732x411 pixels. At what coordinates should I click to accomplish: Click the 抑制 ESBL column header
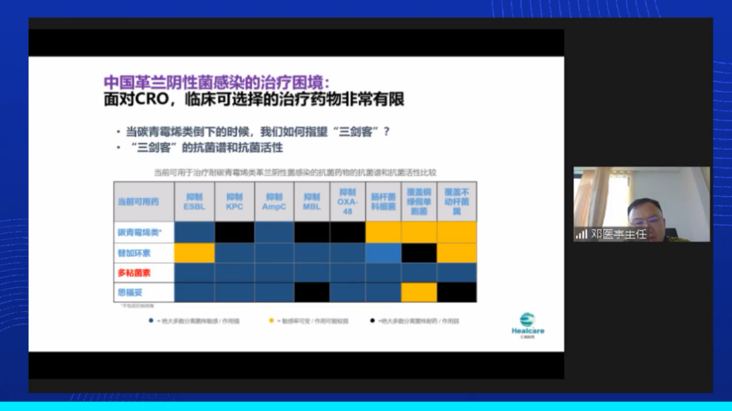[x=194, y=202]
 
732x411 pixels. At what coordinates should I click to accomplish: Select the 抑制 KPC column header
[x=234, y=202]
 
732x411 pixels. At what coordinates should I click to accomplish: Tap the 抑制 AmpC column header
[x=274, y=202]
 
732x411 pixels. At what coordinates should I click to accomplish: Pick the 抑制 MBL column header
[x=311, y=202]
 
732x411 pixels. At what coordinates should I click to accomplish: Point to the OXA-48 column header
[x=348, y=202]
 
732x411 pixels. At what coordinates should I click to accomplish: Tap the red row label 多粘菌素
[x=134, y=273]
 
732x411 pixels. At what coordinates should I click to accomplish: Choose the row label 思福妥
[x=130, y=292]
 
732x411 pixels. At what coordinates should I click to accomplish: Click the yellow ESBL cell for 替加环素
[x=194, y=253]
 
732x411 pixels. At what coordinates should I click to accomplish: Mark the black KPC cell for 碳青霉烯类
[x=234, y=232]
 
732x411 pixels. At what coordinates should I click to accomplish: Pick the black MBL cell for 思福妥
[x=311, y=292]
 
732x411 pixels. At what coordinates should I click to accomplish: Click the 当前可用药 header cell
[x=138, y=202]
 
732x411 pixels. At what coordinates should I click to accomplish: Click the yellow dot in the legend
[x=271, y=320]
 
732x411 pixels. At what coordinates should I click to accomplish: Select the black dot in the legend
[x=372, y=320]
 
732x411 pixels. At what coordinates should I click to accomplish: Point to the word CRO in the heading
[x=152, y=99]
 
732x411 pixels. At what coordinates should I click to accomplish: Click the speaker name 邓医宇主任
[x=619, y=235]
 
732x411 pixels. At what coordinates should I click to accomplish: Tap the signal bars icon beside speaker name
[x=581, y=234]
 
